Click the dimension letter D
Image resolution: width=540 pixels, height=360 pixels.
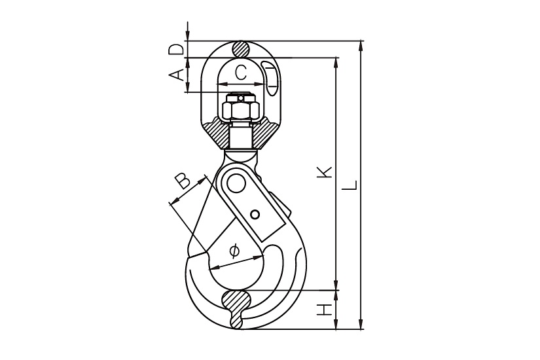click(175, 50)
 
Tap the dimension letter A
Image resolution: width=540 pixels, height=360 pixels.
click(175, 75)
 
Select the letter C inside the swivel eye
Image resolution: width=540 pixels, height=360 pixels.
click(240, 73)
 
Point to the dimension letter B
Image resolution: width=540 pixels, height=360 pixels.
click(182, 181)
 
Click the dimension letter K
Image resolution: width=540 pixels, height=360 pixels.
click(325, 172)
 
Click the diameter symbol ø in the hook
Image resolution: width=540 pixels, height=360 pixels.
click(234, 251)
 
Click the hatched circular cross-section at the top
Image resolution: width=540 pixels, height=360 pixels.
click(241, 49)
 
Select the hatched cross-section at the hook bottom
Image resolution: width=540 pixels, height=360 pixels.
click(236, 309)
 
